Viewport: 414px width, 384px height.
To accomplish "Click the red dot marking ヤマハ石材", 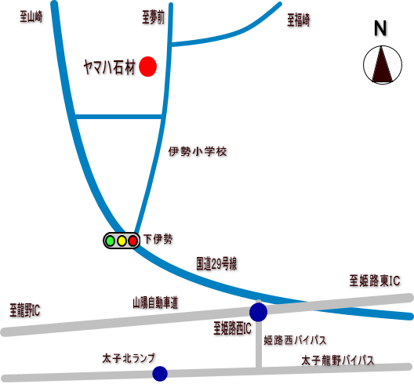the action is click(x=148, y=67).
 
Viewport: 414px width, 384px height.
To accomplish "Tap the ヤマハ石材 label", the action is click(x=110, y=67).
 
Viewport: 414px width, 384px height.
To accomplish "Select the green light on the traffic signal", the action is click(x=110, y=241).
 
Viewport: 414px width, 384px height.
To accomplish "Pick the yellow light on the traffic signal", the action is click(x=122, y=241).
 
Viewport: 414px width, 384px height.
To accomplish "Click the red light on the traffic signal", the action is click(x=133, y=241).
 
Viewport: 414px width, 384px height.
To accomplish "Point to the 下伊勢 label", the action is click(x=158, y=239).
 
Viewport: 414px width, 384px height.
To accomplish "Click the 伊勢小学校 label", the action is click(x=198, y=151).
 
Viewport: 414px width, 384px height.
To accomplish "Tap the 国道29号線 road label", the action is click(x=216, y=263).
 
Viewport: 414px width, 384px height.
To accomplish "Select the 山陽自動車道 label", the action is click(x=155, y=302).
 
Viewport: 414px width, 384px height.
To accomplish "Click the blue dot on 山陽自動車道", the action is click(x=258, y=312).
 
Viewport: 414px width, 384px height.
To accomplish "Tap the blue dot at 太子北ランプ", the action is click(x=160, y=374).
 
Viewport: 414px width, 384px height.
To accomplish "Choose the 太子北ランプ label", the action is click(x=129, y=358).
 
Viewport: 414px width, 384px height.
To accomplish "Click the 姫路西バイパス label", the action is click(x=295, y=340).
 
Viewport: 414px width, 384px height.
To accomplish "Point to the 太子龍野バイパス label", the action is click(x=338, y=360).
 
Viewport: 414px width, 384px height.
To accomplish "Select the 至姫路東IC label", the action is click(x=375, y=281).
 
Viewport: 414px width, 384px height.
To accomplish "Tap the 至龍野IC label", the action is click(x=25, y=310).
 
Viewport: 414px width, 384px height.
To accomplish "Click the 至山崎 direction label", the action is click(x=31, y=17).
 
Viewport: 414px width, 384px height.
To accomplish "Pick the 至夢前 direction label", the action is click(x=153, y=18).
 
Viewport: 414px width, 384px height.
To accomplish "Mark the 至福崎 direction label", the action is click(x=299, y=20).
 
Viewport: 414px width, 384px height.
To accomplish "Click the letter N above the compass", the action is click(x=380, y=28).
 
